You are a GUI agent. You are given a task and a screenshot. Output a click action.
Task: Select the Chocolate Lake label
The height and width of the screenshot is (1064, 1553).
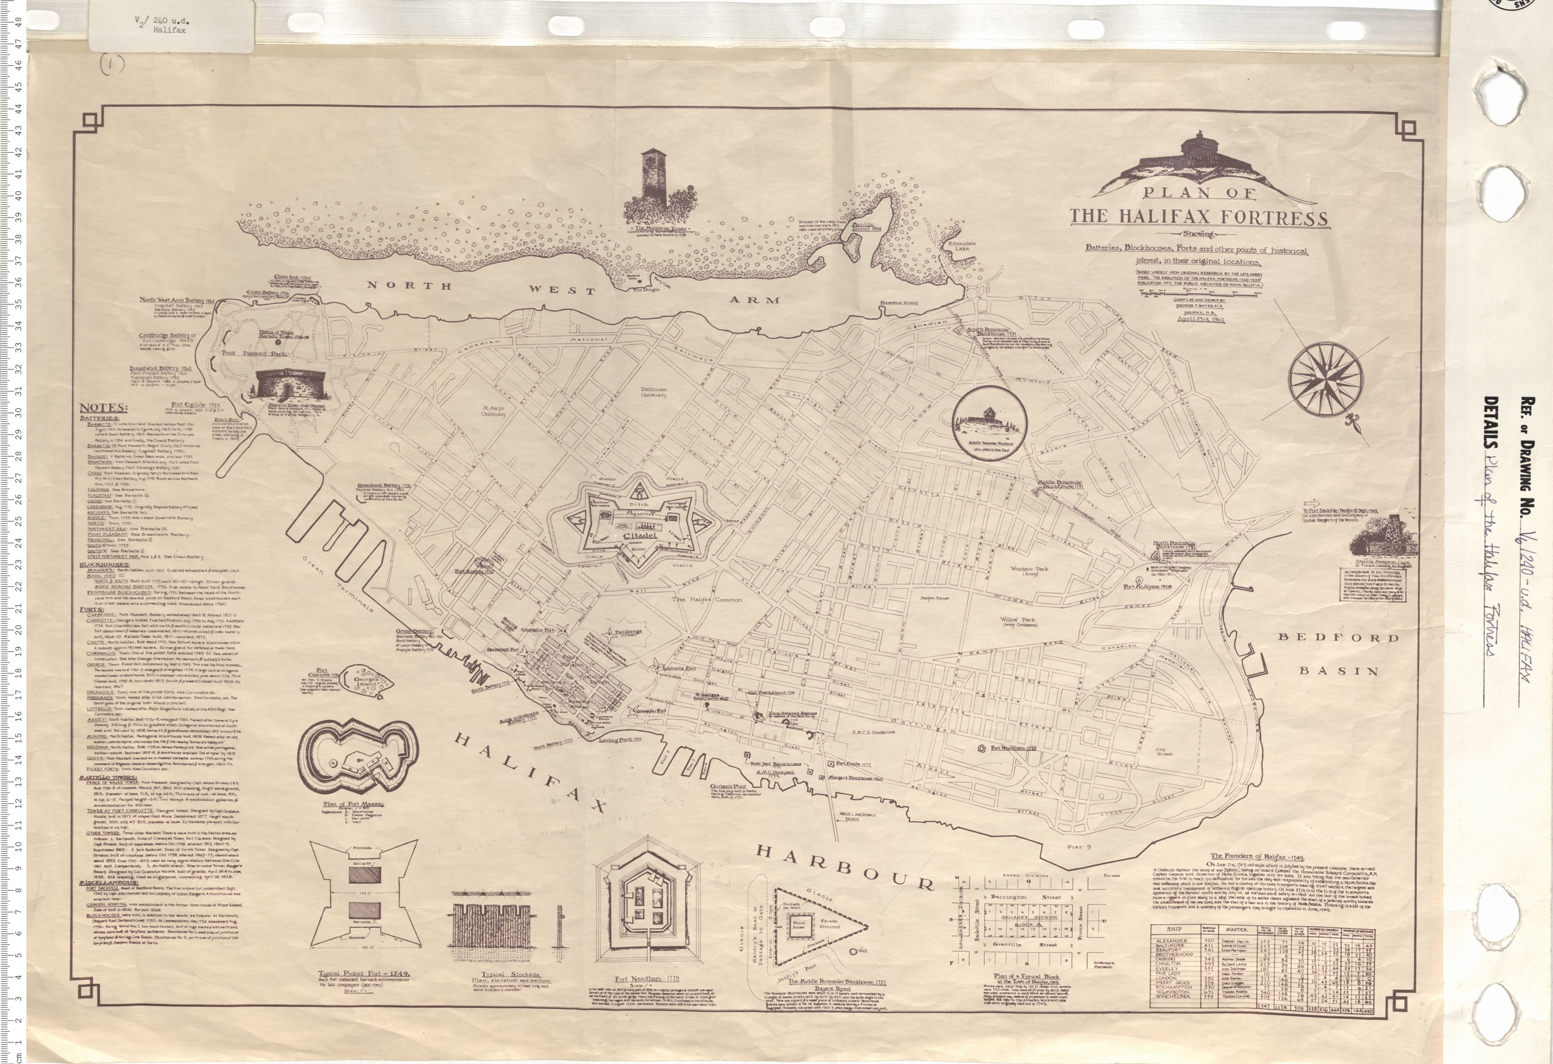(962, 247)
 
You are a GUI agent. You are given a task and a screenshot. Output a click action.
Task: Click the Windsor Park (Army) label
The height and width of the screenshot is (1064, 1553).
(1028, 572)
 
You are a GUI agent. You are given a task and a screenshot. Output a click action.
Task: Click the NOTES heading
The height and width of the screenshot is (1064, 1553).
(103, 408)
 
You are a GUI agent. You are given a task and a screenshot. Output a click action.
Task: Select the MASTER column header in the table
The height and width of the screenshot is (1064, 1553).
(1236, 930)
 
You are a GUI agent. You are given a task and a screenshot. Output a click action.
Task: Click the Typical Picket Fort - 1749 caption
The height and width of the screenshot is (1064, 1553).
(363, 974)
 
